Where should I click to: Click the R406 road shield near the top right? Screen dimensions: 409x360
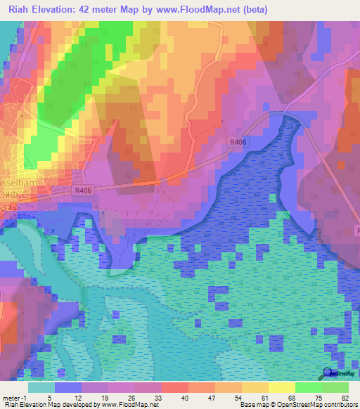238,142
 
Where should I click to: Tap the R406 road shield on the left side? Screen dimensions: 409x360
84,190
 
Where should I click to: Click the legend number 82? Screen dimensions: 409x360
345,397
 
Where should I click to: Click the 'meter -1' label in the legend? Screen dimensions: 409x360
13,397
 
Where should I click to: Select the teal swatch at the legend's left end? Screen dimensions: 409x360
41,387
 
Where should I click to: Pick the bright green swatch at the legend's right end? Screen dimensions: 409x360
335,387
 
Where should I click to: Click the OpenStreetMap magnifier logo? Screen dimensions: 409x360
327,373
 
